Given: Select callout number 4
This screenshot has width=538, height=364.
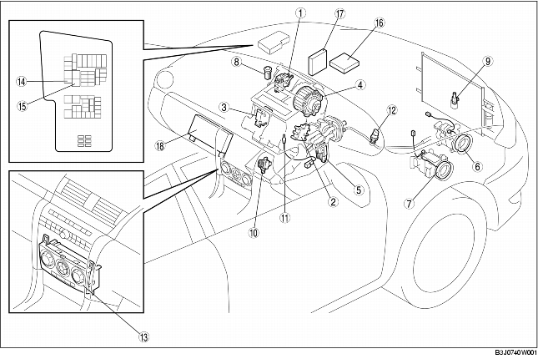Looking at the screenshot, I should click(x=360, y=84).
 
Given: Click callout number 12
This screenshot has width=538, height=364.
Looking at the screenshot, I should click(x=391, y=109).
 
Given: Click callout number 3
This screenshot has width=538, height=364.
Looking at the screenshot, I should click(x=226, y=108).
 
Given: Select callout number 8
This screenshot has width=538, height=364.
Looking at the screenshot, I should click(x=236, y=62).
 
